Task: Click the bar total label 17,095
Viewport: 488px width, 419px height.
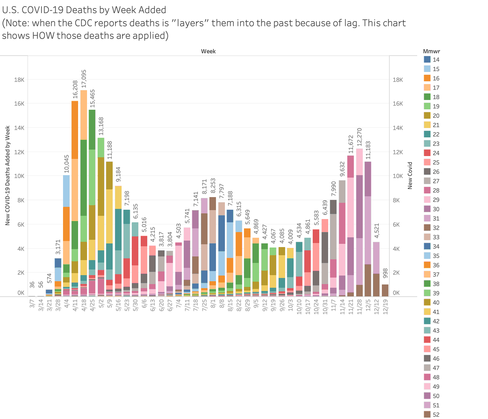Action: (x=84, y=79)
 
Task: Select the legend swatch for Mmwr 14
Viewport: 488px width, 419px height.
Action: (x=427, y=60)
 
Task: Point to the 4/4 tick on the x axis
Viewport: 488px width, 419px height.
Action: (x=66, y=304)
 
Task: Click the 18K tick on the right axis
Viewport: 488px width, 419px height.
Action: (x=398, y=80)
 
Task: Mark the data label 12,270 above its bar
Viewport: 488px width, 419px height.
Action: (x=359, y=138)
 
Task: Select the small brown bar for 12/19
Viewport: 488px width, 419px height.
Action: (x=385, y=291)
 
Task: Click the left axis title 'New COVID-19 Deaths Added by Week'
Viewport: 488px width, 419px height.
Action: (x=7, y=176)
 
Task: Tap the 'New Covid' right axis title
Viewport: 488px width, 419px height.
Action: (x=410, y=176)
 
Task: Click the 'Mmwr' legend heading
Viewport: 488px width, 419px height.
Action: (x=431, y=51)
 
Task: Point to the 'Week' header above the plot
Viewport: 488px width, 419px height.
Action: (x=208, y=51)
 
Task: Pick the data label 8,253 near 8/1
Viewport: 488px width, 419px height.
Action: (x=212, y=187)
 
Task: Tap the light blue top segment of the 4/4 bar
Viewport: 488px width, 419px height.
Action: (x=66, y=191)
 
